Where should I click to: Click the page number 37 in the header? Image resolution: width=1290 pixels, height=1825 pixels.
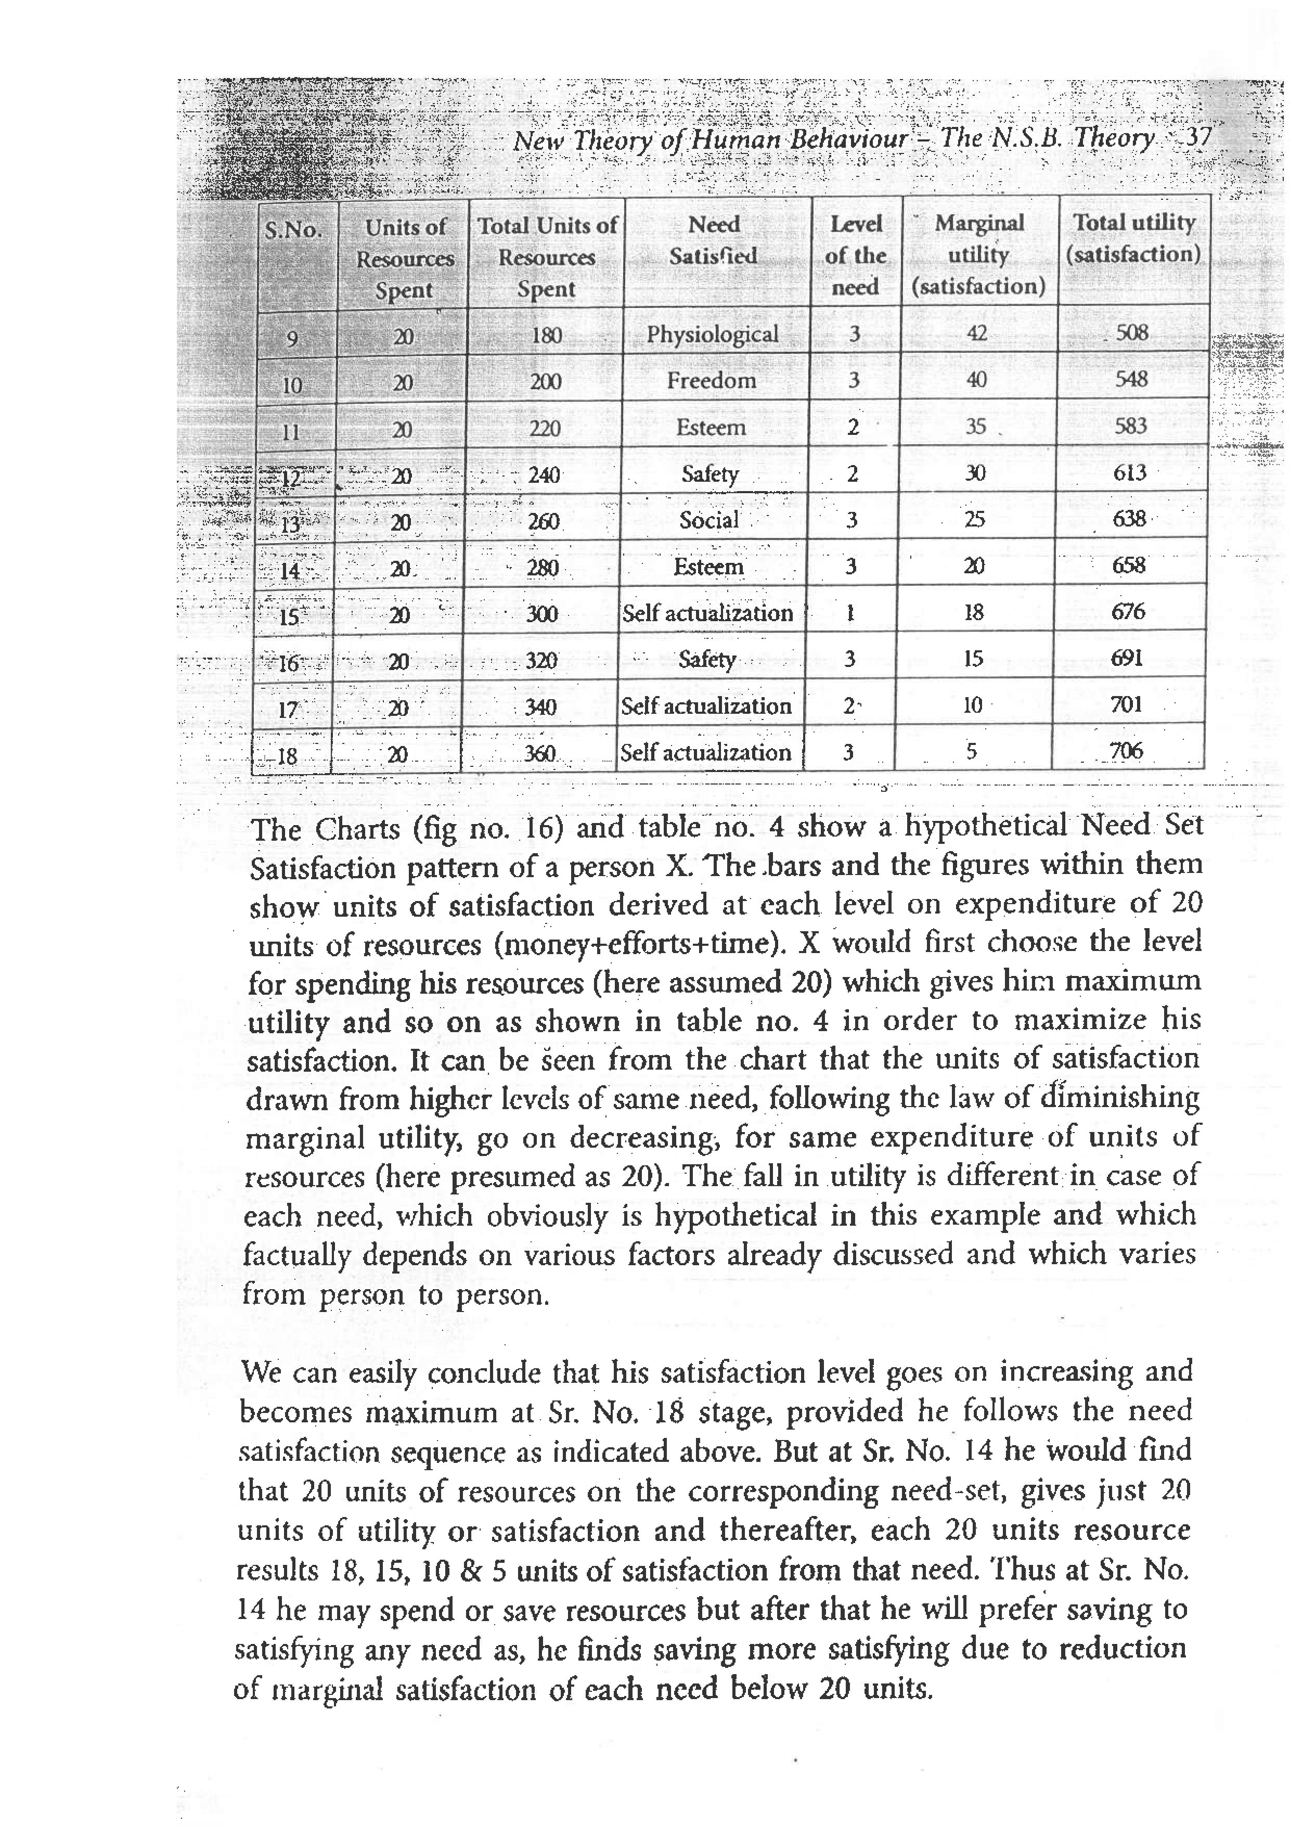pos(1197,137)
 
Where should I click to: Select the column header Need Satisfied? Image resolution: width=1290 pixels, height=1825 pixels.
pos(714,240)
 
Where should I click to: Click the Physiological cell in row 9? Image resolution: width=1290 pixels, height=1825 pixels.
pos(712,334)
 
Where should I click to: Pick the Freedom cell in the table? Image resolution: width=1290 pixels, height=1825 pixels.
pos(712,381)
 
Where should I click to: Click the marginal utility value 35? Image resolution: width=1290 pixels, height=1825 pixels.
pos(975,427)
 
